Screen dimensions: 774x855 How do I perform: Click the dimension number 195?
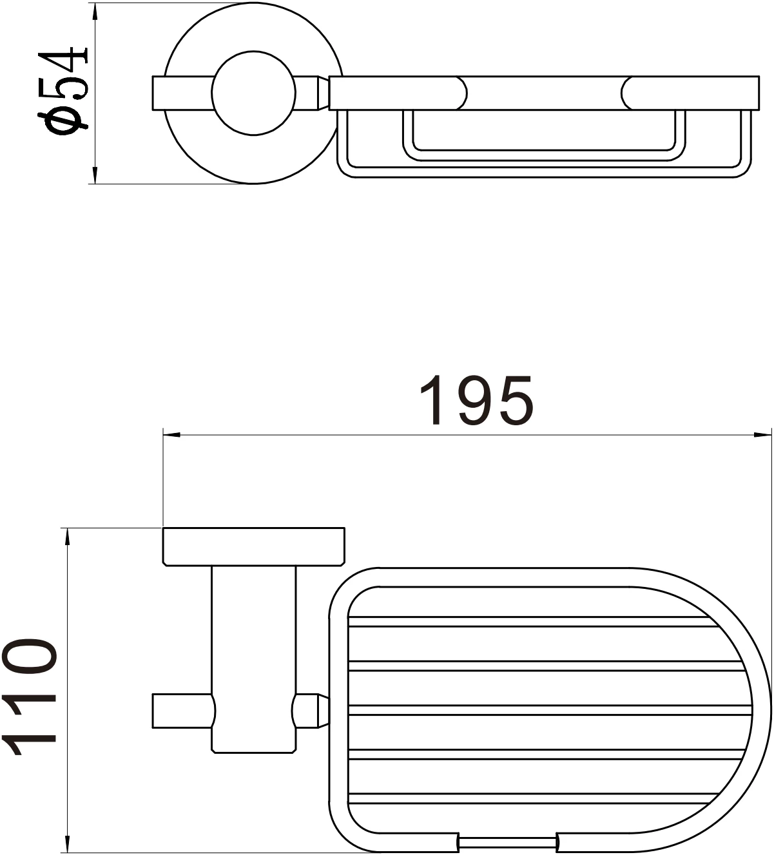coord(477,400)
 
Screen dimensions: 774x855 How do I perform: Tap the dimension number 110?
coord(30,696)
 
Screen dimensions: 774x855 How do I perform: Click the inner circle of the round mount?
coord(253,93)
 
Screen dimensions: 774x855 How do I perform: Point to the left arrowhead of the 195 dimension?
coord(172,435)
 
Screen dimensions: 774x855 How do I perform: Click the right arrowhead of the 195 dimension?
coord(763,435)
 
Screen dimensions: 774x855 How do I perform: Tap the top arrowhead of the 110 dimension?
coord(68,537)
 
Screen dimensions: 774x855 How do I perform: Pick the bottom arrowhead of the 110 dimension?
coord(68,844)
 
